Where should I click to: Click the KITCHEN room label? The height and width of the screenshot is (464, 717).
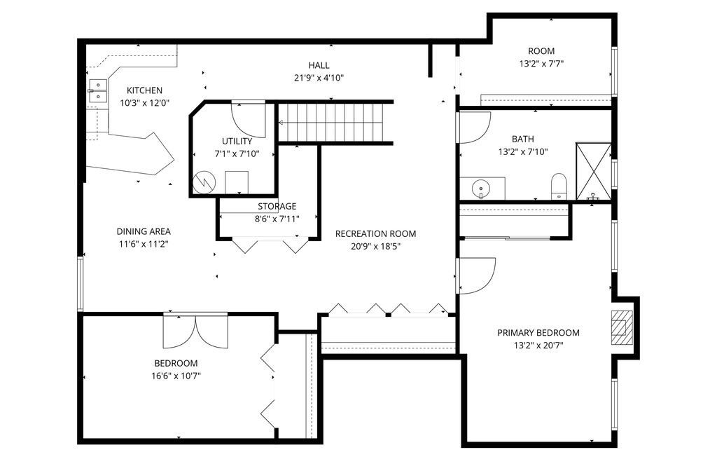(144, 90)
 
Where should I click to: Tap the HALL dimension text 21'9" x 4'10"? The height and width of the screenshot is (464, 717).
(319, 78)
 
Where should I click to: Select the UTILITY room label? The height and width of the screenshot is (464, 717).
(237, 142)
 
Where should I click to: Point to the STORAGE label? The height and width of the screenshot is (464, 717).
(277, 206)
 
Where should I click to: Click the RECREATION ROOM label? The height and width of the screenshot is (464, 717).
(376, 234)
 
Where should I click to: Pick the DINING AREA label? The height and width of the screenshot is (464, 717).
(144, 231)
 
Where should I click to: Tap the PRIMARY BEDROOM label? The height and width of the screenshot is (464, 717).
(538, 333)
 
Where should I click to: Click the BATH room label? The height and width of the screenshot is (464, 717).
(523, 139)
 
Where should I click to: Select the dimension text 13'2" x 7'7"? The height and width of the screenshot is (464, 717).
(541, 64)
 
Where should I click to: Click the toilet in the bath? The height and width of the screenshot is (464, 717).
(559, 186)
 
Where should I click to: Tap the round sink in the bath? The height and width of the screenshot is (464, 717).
(480, 189)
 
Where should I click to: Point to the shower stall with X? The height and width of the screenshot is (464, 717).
(594, 172)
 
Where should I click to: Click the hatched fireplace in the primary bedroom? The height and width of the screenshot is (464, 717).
(622, 327)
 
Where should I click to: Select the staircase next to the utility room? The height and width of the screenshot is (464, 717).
(336, 123)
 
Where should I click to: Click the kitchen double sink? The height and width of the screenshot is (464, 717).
(97, 90)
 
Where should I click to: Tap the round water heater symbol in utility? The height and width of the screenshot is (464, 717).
(204, 182)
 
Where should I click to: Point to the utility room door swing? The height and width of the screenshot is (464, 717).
(249, 120)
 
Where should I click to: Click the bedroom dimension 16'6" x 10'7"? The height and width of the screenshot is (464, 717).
(176, 376)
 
